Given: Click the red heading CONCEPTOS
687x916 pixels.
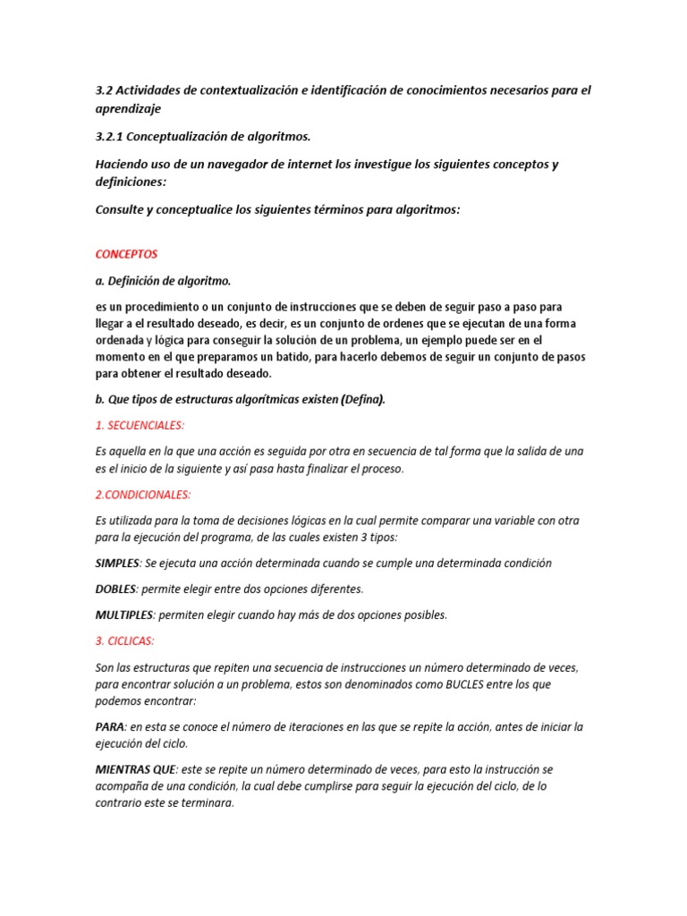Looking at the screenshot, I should (x=125, y=255).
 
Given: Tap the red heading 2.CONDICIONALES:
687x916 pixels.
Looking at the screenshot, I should (x=142, y=494).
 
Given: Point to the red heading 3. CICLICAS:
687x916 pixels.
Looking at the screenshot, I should (x=124, y=641).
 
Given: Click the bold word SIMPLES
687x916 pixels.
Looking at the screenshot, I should (x=117, y=564).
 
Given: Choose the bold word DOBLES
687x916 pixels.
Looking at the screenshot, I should (x=115, y=589).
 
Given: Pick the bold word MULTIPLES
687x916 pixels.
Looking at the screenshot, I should (x=124, y=615).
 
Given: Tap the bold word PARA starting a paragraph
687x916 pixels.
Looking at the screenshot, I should (x=110, y=727).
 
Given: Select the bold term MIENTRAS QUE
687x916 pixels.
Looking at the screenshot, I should (x=135, y=769).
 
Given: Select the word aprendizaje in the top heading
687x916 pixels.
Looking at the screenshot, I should (x=128, y=107).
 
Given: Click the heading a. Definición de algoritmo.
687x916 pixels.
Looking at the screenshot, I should (x=163, y=281).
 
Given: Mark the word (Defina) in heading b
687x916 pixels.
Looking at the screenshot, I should (x=362, y=400).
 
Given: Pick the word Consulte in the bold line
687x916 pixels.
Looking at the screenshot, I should (x=123, y=209).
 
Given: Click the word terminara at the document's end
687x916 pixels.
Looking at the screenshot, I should (x=205, y=803).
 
